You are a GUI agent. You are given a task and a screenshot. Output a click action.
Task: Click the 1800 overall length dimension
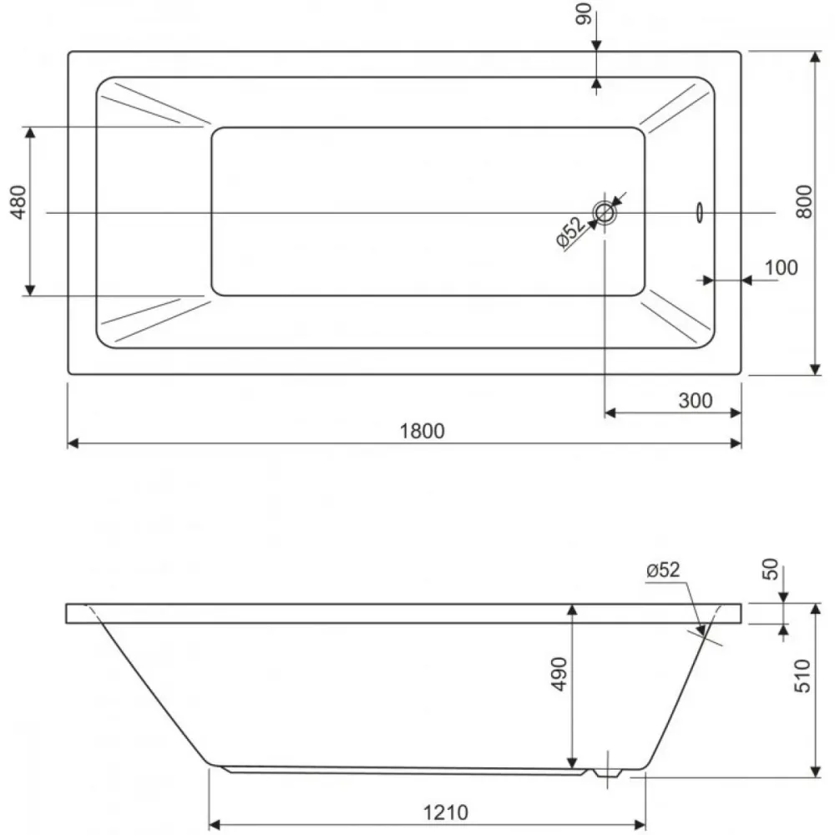422,431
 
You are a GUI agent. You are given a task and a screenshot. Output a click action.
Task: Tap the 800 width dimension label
804,201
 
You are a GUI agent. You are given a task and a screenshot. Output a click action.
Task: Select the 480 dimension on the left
18,202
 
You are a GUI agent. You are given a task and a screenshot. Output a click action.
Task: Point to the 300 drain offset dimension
695,401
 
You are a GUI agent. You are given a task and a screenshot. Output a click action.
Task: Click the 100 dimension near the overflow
782,267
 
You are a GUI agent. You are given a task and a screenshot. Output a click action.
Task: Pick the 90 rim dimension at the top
584,14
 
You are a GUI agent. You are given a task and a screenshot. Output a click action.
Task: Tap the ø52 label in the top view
569,232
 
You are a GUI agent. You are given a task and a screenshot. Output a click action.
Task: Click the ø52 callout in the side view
663,569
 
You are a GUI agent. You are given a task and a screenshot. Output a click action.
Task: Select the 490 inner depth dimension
559,674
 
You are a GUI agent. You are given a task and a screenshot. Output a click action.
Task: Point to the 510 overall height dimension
802,676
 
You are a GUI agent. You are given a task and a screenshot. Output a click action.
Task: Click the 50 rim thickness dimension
771,569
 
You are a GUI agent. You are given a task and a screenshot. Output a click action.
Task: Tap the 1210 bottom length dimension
446,812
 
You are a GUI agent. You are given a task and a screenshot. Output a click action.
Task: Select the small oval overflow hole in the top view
699,212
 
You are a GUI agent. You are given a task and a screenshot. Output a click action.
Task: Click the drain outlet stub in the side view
607,772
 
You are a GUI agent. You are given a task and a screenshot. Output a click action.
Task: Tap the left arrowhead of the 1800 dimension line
73,443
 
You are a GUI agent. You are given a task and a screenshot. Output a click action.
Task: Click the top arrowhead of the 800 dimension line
815,57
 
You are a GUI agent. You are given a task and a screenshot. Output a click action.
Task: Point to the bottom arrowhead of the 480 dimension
30,290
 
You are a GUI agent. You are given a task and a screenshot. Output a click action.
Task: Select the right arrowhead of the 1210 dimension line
640,826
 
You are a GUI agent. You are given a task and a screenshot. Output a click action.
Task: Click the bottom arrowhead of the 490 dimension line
572,763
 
